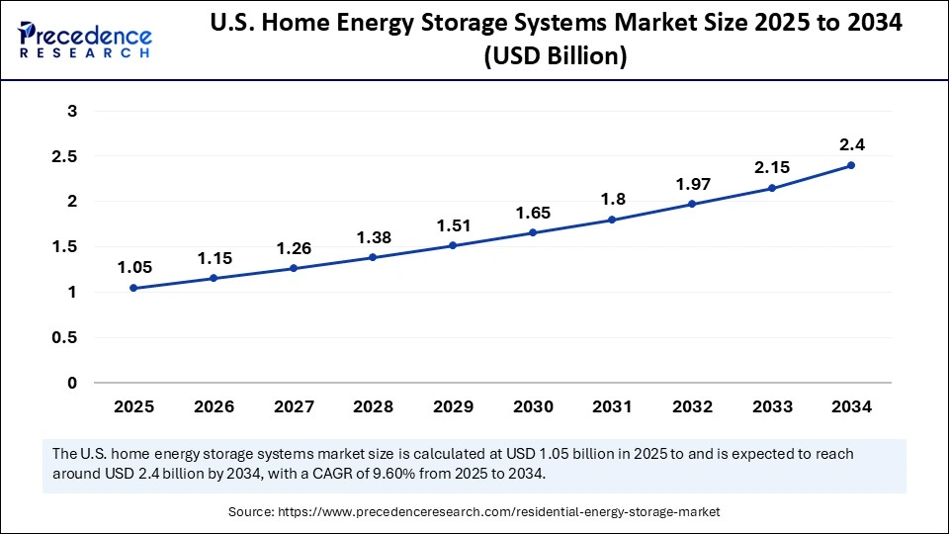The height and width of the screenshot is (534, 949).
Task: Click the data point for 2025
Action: [133, 288]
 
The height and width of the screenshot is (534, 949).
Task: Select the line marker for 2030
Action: [533, 232]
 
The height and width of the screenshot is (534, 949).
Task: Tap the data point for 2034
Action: [851, 165]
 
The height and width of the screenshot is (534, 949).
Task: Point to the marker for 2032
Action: [692, 204]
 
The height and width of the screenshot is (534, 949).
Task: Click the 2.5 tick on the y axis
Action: [66, 156]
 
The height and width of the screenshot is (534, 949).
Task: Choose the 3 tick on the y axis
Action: [72, 111]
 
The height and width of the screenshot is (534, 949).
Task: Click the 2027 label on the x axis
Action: [293, 406]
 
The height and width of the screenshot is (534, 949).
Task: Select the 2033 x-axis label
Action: [771, 406]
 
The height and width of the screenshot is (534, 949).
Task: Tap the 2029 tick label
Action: [453, 406]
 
